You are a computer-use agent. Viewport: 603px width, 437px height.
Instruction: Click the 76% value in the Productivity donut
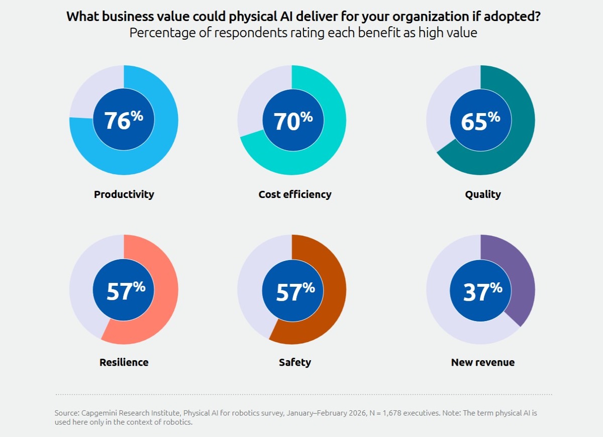tap(124, 121)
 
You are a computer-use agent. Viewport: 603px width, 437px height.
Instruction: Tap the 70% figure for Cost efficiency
tap(292, 121)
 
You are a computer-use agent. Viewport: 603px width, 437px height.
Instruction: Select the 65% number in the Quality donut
tap(480, 121)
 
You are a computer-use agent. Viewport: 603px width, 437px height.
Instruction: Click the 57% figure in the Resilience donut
tap(125, 292)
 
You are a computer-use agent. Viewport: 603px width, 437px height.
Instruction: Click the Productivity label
tap(124, 194)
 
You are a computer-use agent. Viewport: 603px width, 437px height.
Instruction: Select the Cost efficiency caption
tap(295, 194)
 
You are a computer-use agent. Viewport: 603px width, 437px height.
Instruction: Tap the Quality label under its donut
tap(483, 194)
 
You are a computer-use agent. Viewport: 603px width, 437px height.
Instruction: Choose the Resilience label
tap(124, 362)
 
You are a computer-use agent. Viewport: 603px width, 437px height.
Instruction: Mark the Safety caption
tap(295, 362)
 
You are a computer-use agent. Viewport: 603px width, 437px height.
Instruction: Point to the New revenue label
tap(483, 362)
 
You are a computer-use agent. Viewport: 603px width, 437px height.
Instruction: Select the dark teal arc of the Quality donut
tap(518, 136)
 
